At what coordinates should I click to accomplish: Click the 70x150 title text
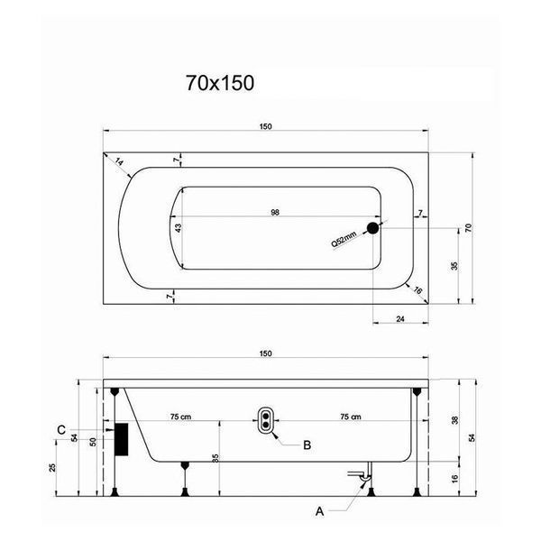[220, 83]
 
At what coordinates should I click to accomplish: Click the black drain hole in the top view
[373, 228]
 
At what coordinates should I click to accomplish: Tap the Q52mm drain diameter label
[344, 239]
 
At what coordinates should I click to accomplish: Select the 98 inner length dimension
[275, 213]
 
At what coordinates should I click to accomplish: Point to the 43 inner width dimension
[178, 228]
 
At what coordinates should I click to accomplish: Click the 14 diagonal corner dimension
[119, 161]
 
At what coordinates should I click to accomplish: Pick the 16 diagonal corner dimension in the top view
[417, 290]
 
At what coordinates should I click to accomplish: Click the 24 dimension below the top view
[400, 319]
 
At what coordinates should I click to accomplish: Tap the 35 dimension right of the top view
[454, 266]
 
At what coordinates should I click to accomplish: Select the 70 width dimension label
[468, 228]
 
